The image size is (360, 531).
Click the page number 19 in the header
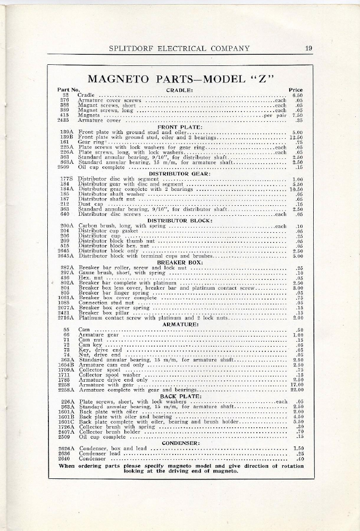pyautogui.click(x=308, y=49)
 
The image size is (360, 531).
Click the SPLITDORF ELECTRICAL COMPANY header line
pyautogui.click(x=179, y=49)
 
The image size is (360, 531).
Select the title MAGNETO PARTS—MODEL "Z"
pyautogui.click(x=180, y=79)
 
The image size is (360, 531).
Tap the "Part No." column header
pyautogui.click(x=69, y=90)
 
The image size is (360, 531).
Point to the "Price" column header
pyautogui.click(x=295, y=90)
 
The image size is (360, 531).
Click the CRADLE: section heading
pyautogui.click(x=180, y=90)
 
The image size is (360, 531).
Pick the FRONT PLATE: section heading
pyautogui.click(x=180, y=127)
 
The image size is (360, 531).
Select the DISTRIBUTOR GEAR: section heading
pyautogui.click(x=180, y=173)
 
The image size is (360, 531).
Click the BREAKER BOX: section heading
pyautogui.click(x=180, y=262)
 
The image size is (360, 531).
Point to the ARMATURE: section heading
pyautogui.click(x=180, y=324)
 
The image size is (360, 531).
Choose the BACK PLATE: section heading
pyautogui.click(x=180, y=396)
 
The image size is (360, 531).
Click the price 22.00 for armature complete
pyautogui.click(x=296, y=390)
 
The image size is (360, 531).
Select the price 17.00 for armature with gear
pyautogui.click(x=296, y=385)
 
